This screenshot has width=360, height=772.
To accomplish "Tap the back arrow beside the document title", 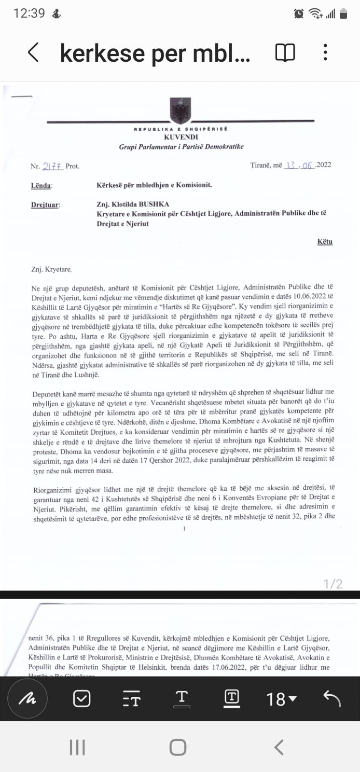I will click(x=33, y=52).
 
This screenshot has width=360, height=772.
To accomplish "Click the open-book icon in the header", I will click(x=285, y=52).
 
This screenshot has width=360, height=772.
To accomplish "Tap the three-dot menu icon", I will click(x=326, y=52).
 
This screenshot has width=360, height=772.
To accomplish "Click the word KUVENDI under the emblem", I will click(x=180, y=137).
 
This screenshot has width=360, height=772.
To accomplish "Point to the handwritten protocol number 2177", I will click(x=53, y=166).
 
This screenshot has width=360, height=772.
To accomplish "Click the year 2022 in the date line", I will click(x=323, y=165).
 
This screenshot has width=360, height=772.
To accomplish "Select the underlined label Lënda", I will click(x=42, y=185).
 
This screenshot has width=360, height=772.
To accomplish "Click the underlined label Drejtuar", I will click(x=45, y=205).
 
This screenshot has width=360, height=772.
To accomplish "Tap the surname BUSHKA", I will click(x=154, y=204).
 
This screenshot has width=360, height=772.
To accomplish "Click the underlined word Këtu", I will click(x=325, y=241).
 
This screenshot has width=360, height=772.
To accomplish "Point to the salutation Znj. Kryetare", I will click(x=51, y=269).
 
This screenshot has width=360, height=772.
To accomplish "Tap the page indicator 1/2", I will click(x=333, y=584).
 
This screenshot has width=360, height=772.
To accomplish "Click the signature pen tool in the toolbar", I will click(x=28, y=698).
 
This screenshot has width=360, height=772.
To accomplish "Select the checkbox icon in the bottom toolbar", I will click(x=82, y=698).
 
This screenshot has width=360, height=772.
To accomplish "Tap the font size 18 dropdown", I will click(x=281, y=699).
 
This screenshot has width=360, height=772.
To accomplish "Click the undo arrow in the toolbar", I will click(x=332, y=698).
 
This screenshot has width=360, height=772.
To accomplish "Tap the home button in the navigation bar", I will click(x=178, y=747).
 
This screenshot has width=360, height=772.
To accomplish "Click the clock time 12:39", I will click(x=29, y=14).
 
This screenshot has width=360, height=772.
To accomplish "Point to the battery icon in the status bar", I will click(x=344, y=14).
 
